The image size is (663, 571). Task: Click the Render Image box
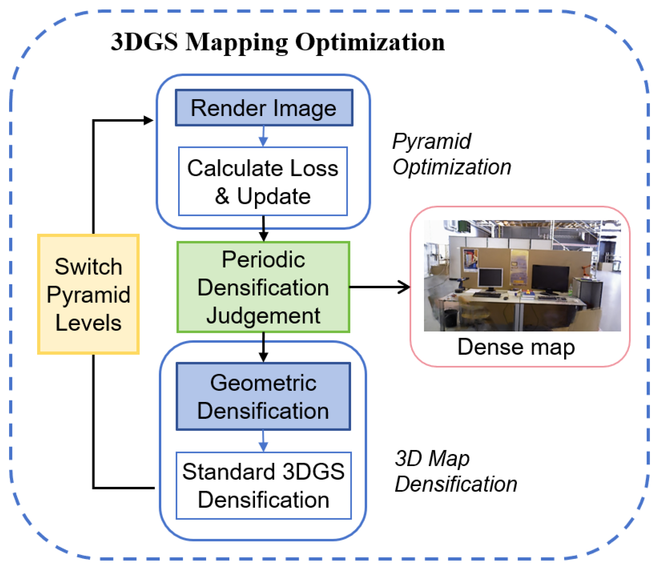pyautogui.click(x=264, y=108)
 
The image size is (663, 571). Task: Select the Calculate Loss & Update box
pyautogui.click(x=263, y=181)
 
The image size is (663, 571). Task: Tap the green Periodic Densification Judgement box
pyautogui.click(x=263, y=287)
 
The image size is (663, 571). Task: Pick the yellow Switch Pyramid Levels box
pyautogui.click(x=88, y=294)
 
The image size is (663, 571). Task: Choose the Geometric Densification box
pyautogui.click(x=263, y=397)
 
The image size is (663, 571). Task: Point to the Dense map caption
pyautogui.click(x=516, y=347)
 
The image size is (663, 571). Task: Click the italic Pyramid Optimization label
pyautogui.click(x=451, y=154)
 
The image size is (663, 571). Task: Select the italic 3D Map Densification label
pyautogui.click(x=455, y=471)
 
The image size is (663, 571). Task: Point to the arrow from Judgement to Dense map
pyautogui.click(x=379, y=287)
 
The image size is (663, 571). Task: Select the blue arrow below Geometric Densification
pyautogui.click(x=263, y=441)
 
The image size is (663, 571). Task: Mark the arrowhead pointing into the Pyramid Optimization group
pyautogui.click(x=148, y=121)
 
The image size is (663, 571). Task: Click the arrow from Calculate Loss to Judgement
pyautogui.click(x=263, y=228)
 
